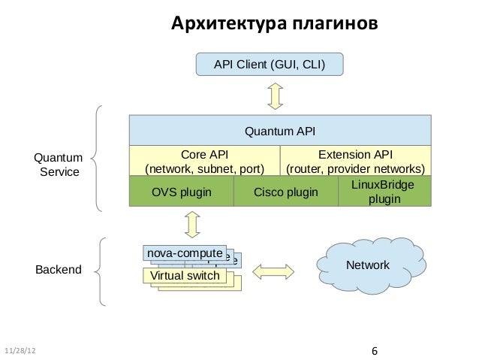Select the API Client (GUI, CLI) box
(270, 65)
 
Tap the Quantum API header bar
(280, 132)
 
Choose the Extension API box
(356, 160)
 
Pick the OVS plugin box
(182, 192)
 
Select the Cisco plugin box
(286, 192)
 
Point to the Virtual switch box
(185, 276)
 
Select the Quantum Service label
(57, 165)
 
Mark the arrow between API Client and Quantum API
(275, 95)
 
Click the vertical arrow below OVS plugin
(192, 224)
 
